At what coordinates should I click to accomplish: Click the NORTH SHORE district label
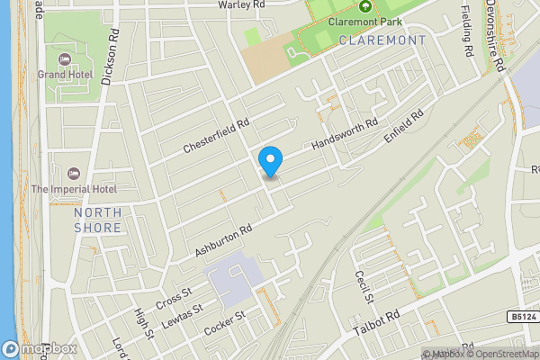[97, 220]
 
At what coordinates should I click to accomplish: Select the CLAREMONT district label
[382, 40]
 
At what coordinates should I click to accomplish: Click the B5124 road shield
[520, 317]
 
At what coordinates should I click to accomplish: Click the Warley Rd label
[241, 4]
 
